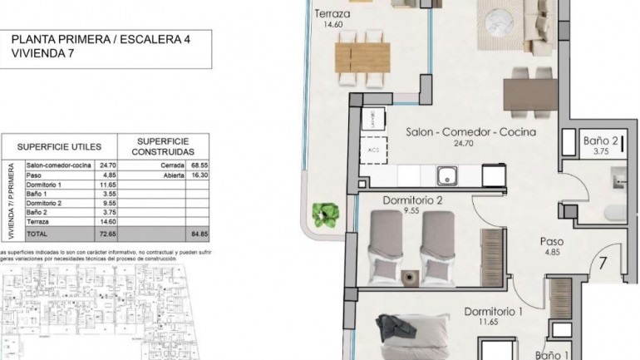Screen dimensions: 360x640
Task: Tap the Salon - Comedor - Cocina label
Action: click(x=470, y=132)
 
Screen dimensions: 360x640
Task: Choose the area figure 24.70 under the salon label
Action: click(x=470, y=145)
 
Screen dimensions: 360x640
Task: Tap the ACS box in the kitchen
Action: click(x=372, y=150)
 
